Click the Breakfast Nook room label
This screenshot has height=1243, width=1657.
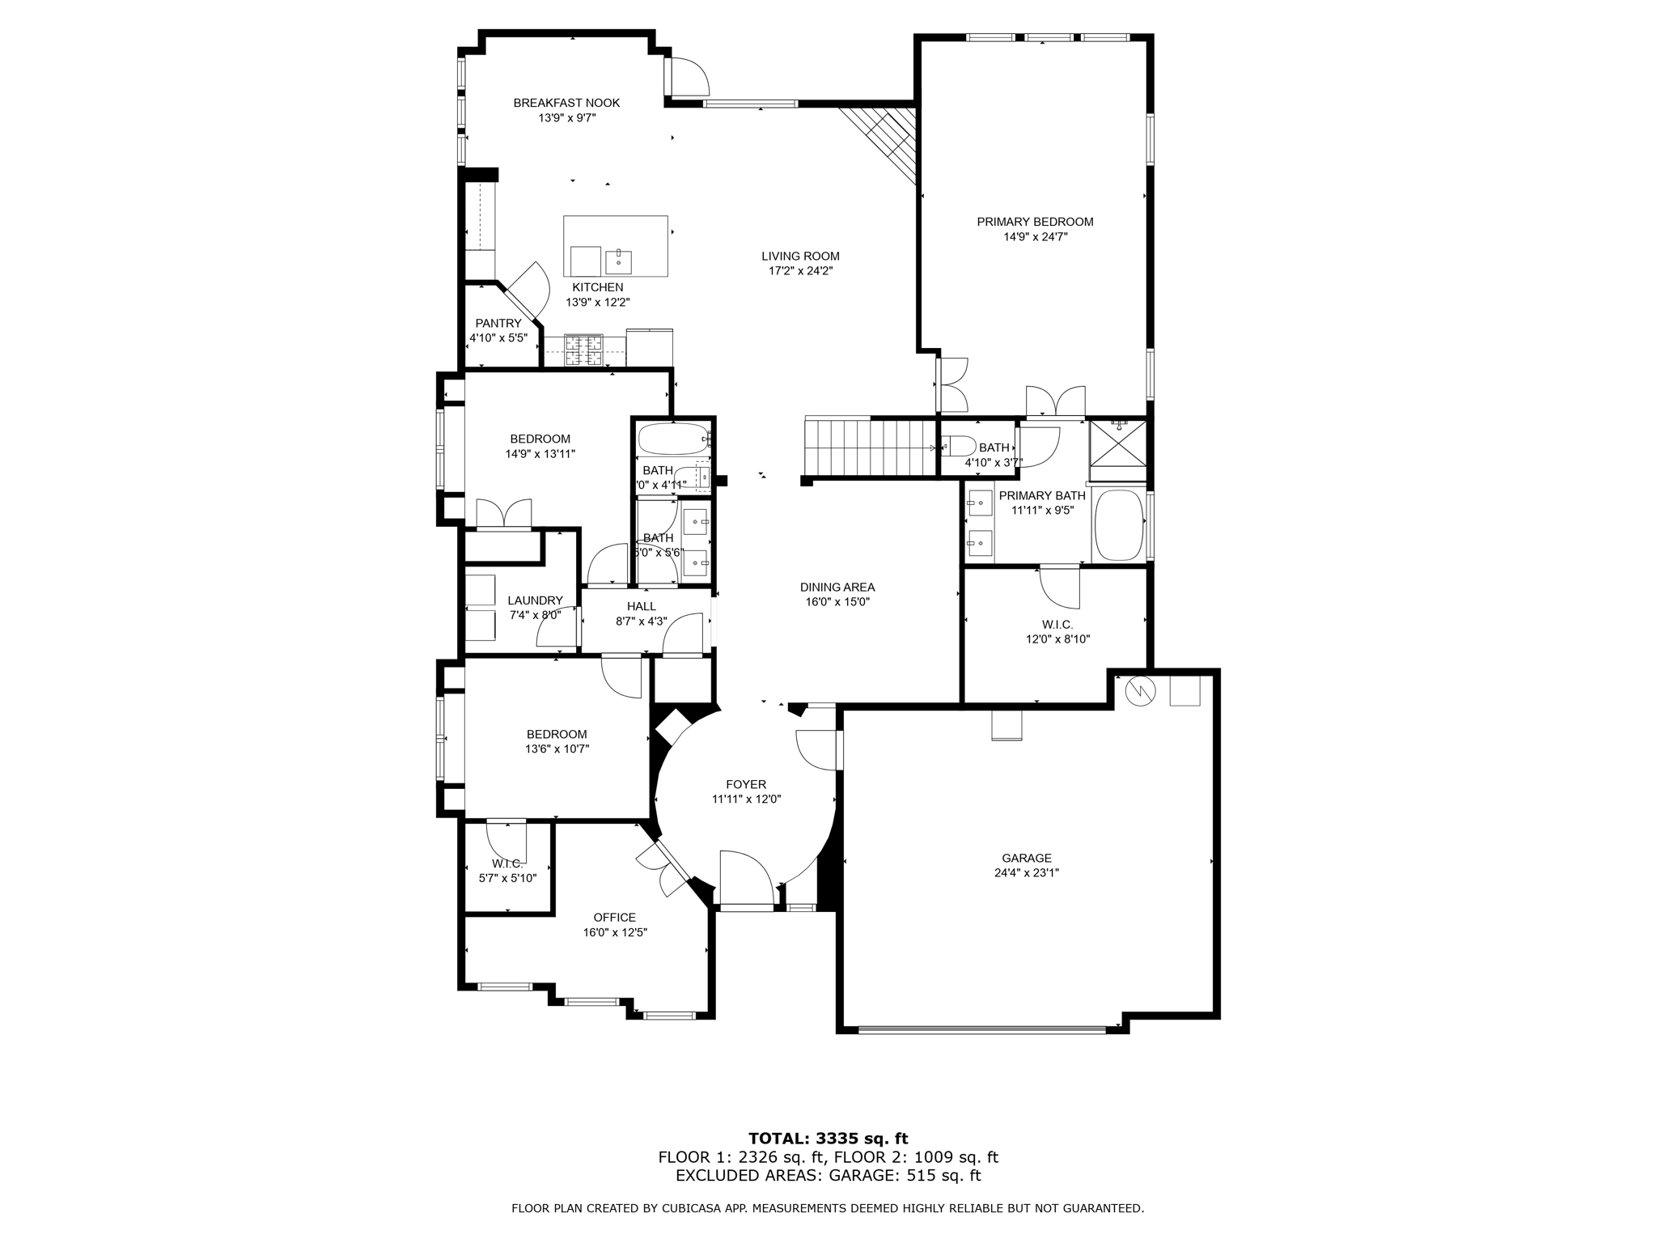(x=566, y=103)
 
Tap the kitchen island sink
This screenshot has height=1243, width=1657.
(x=618, y=261)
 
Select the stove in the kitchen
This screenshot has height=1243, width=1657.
(x=583, y=350)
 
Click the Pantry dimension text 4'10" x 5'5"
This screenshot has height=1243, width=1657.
(x=498, y=338)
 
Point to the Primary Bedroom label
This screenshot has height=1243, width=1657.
(x=1035, y=222)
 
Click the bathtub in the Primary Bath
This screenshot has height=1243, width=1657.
(x=1119, y=524)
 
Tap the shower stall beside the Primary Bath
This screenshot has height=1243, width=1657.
(x=1117, y=443)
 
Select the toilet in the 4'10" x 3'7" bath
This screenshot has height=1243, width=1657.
(x=959, y=446)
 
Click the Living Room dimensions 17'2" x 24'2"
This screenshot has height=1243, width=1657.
(x=800, y=271)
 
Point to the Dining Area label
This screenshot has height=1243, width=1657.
(x=837, y=588)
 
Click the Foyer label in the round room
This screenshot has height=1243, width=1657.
(x=746, y=784)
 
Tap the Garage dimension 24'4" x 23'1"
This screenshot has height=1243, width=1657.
(x=1027, y=873)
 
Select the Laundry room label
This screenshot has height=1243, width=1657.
(x=535, y=600)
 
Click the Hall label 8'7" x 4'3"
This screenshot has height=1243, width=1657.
(x=642, y=606)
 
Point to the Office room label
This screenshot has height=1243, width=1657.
(x=615, y=918)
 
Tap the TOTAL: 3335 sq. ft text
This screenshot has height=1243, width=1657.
(x=828, y=1139)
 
